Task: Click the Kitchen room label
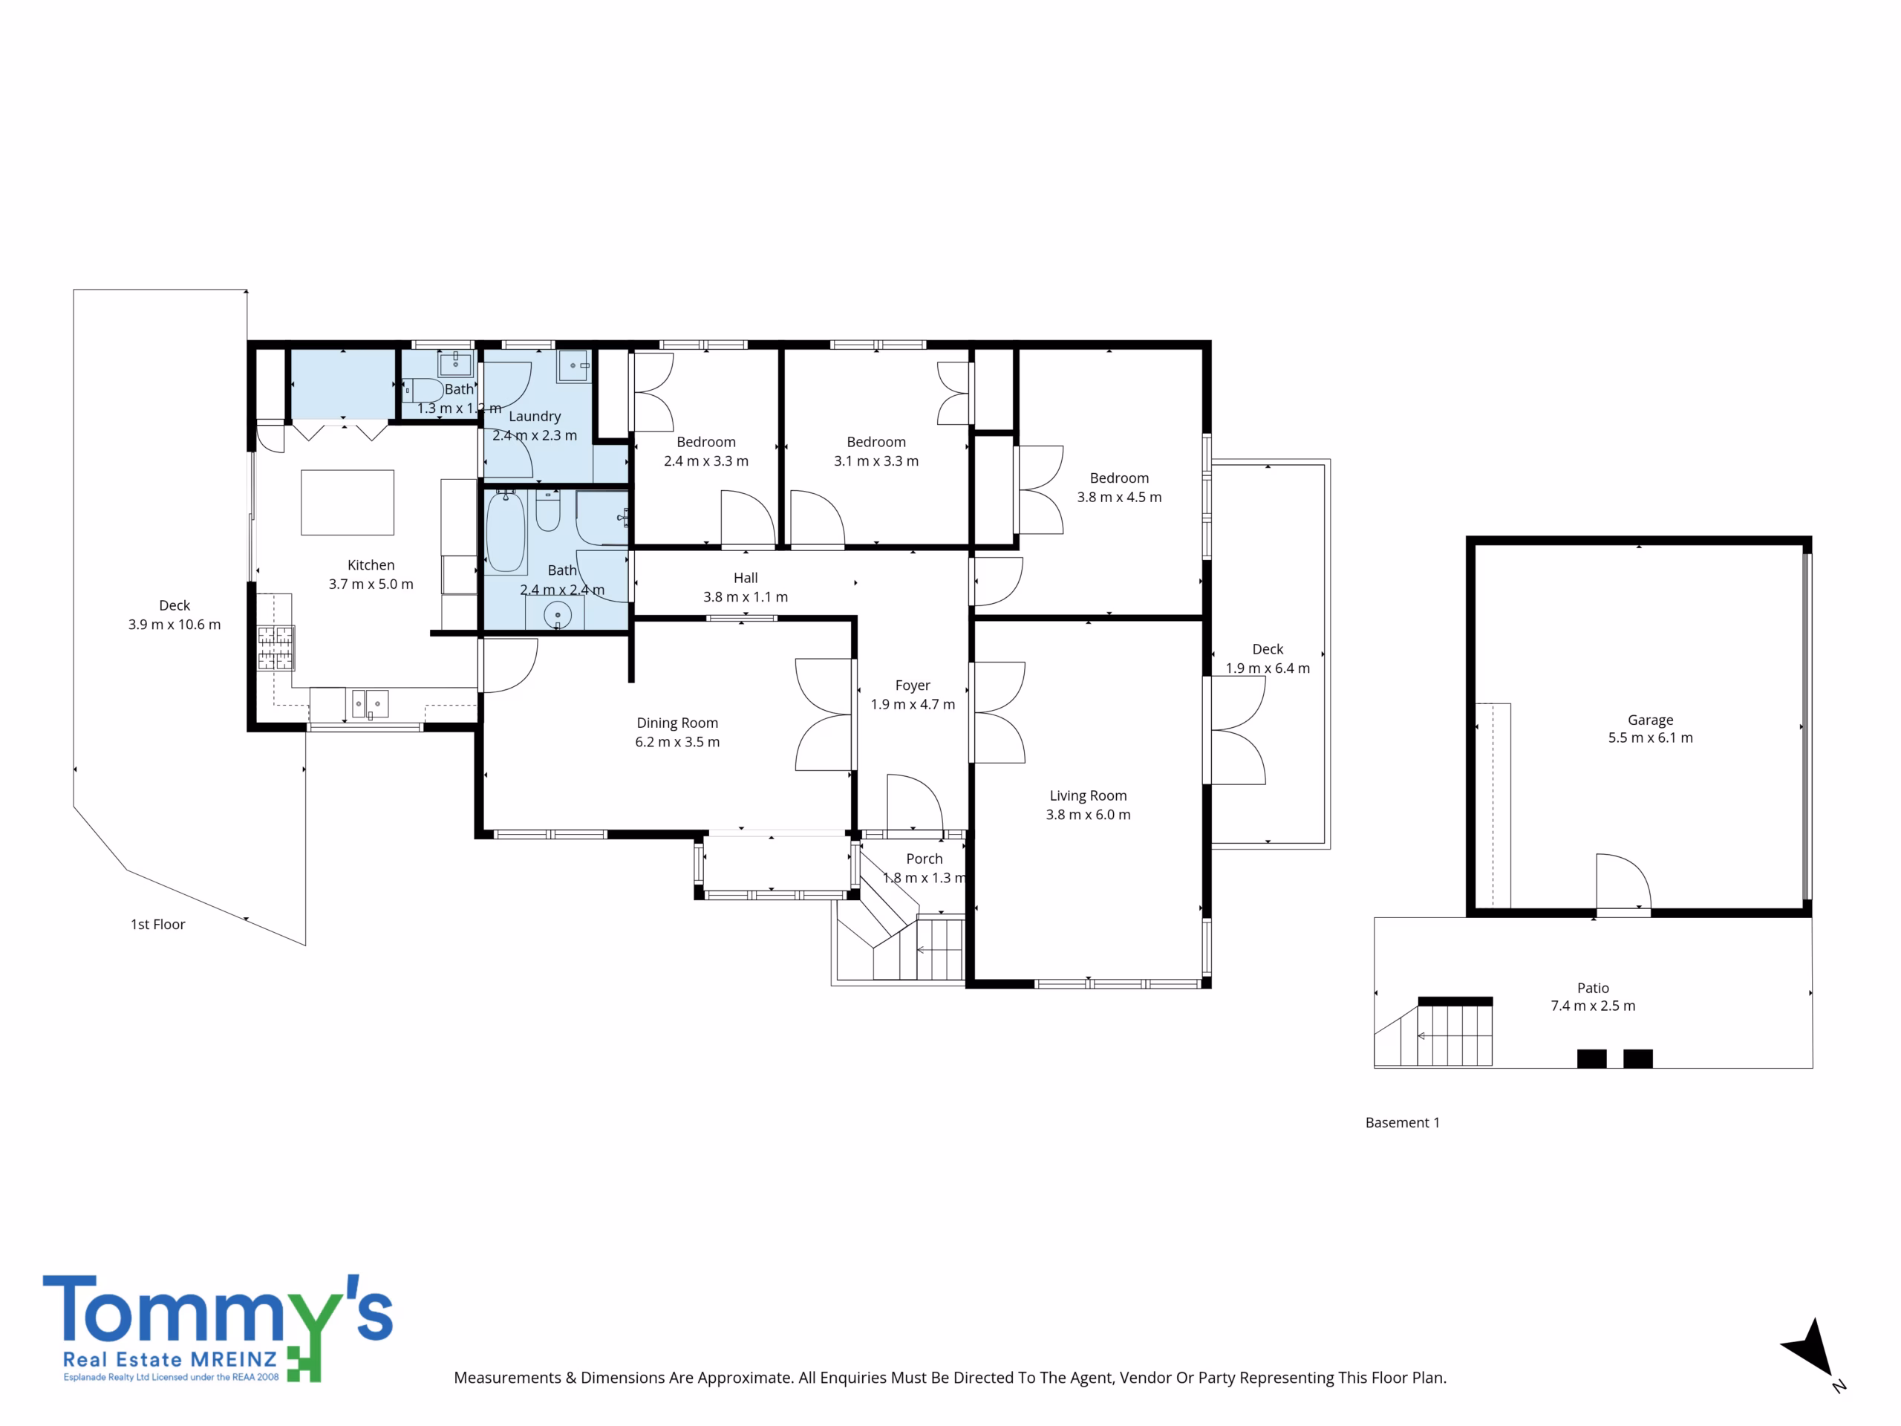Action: (x=371, y=564)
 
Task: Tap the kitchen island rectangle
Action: (x=348, y=502)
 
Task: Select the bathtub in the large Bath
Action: (x=506, y=531)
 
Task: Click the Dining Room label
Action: (x=677, y=723)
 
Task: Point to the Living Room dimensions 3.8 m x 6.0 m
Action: (x=1088, y=814)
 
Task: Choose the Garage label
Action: (x=1650, y=720)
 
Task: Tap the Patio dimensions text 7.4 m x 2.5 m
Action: (x=1593, y=1006)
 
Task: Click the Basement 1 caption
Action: (x=1402, y=1122)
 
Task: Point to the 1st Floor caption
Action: (x=157, y=924)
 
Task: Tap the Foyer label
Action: (x=913, y=685)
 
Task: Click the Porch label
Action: (x=924, y=859)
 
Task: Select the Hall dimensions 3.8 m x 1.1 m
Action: (x=745, y=596)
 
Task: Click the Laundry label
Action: (x=535, y=416)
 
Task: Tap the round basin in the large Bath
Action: (x=558, y=616)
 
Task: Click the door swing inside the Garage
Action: (x=1623, y=881)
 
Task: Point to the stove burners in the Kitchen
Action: (x=276, y=647)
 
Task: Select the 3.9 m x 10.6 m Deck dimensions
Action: (x=175, y=624)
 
